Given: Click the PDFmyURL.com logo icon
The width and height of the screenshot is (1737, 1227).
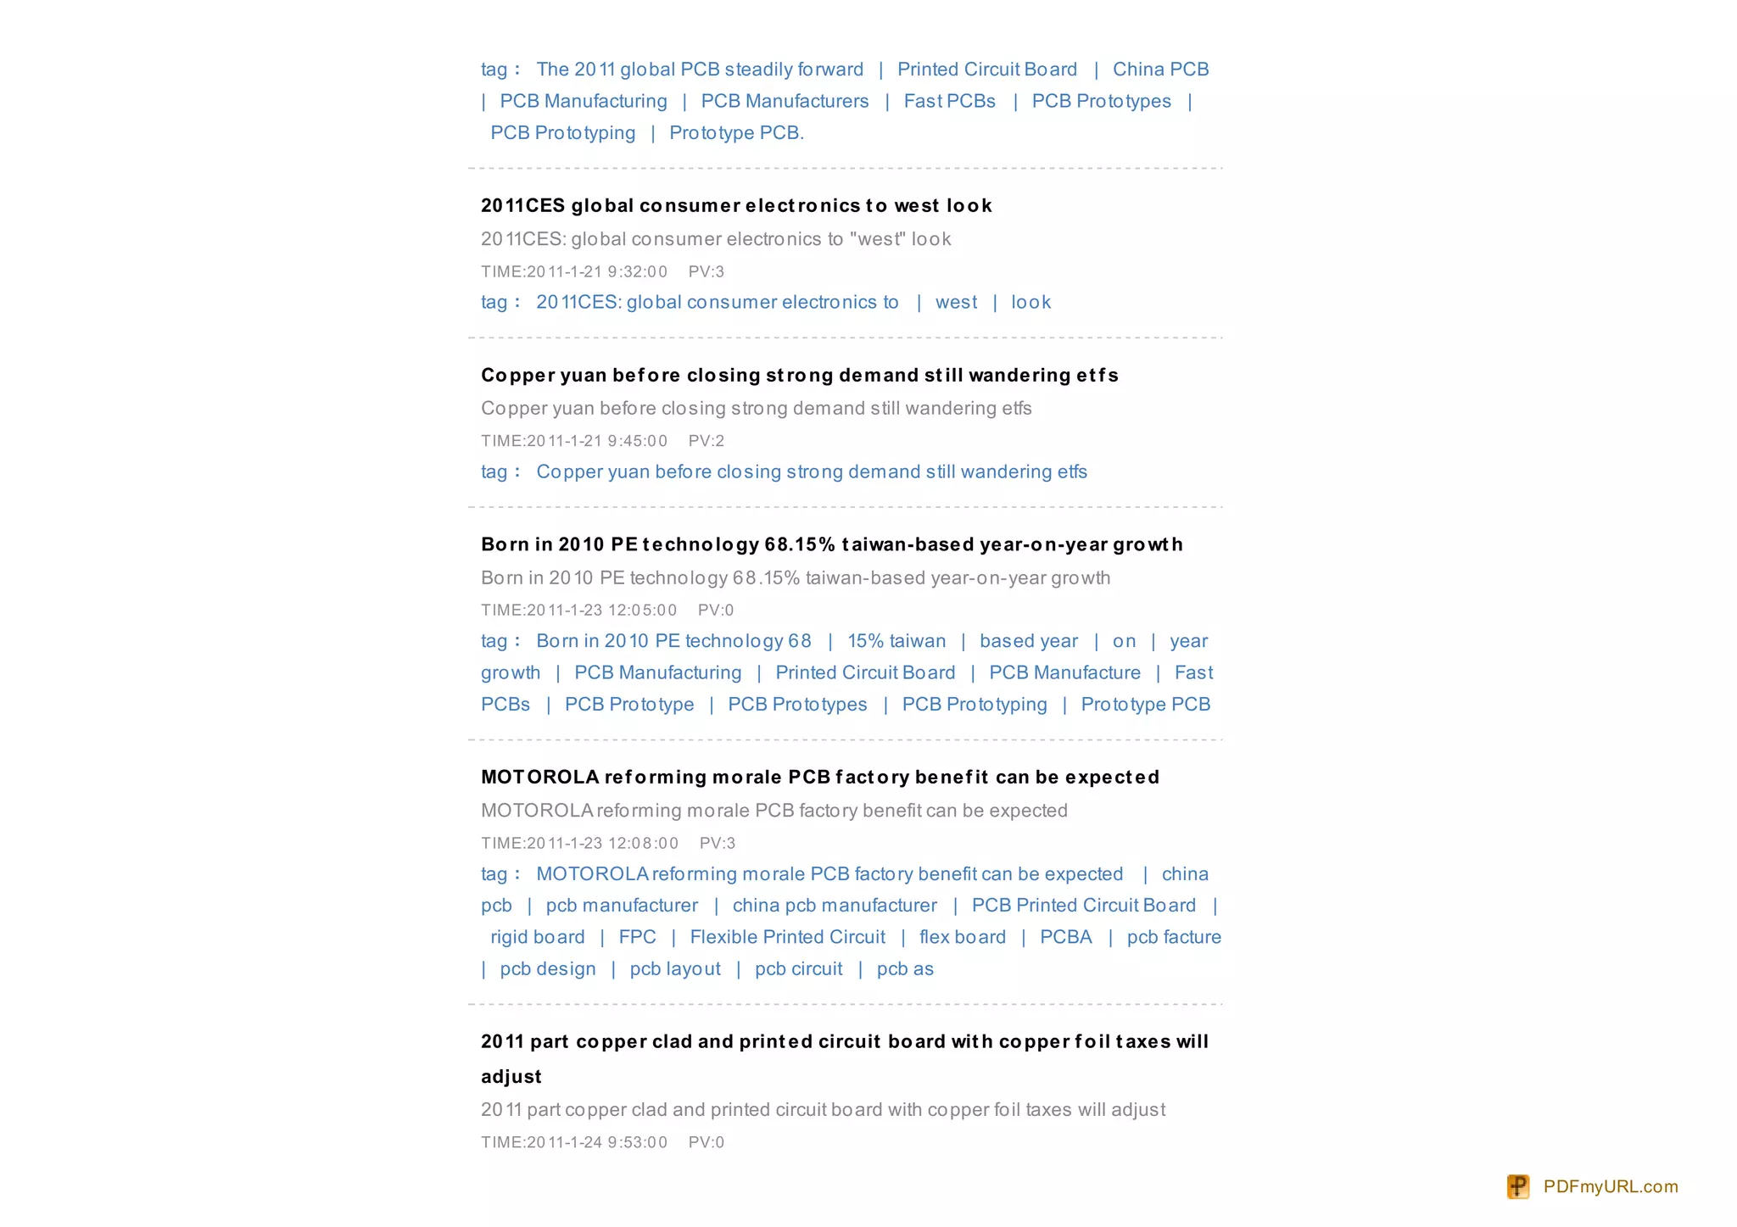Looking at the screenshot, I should [1517, 1186].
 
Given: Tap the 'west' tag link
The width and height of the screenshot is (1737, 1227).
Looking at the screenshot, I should [956, 303].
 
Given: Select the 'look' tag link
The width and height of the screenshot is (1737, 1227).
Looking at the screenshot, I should [1030, 303].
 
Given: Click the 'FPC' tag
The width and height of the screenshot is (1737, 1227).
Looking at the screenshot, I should [637, 937].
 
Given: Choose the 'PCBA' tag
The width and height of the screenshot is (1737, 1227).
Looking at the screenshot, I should [1065, 937].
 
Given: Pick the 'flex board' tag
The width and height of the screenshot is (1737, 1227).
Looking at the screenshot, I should [963, 937].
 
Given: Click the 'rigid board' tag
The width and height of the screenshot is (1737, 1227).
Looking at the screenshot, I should [537, 937].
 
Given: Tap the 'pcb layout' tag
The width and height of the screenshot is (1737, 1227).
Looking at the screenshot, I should [675, 969].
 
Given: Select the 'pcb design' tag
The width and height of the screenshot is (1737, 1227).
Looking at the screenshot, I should [548, 969].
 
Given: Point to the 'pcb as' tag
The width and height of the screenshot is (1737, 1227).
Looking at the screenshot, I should [905, 969].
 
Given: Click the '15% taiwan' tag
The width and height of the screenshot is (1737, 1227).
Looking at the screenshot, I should [896, 641].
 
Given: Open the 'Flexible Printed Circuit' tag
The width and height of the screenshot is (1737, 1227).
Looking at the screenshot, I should [787, 937].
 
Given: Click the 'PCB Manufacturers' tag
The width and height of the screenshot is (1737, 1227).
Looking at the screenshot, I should [785, 102].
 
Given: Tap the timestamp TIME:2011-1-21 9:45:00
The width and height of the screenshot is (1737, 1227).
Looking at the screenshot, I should [574, 441].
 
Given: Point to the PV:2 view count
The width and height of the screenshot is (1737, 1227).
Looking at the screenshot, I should [707, 441].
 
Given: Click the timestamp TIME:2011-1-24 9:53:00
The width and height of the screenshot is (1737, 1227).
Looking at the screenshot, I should [574, 1142].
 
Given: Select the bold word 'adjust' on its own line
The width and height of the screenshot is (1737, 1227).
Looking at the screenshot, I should [511, 1077].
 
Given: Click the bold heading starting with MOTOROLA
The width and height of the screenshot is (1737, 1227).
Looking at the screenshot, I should [819, 778].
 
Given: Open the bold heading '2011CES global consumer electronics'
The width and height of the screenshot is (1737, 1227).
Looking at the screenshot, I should [736, 206].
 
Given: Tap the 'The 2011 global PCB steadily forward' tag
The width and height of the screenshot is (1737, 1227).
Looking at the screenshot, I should [700, 70].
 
